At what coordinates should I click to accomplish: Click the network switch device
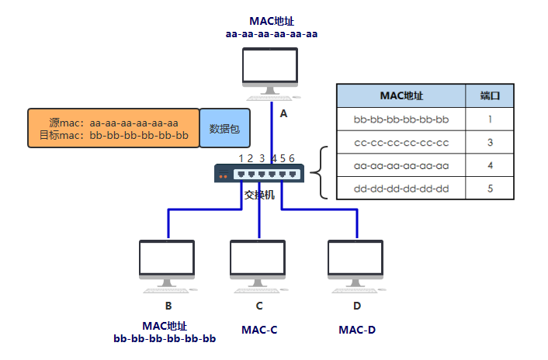(x=259, y=175)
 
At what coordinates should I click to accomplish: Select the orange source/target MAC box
(x=113, y=128)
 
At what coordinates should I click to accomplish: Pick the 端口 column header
(x=490, y=96)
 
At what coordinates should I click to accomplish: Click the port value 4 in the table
(x=490, y=165)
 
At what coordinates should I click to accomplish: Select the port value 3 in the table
(x=490, y=143)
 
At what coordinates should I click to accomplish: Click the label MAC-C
(x=259, y=330)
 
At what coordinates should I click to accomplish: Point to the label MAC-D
(x=357, y=330)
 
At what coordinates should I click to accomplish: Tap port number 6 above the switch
(x=292, y=158)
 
